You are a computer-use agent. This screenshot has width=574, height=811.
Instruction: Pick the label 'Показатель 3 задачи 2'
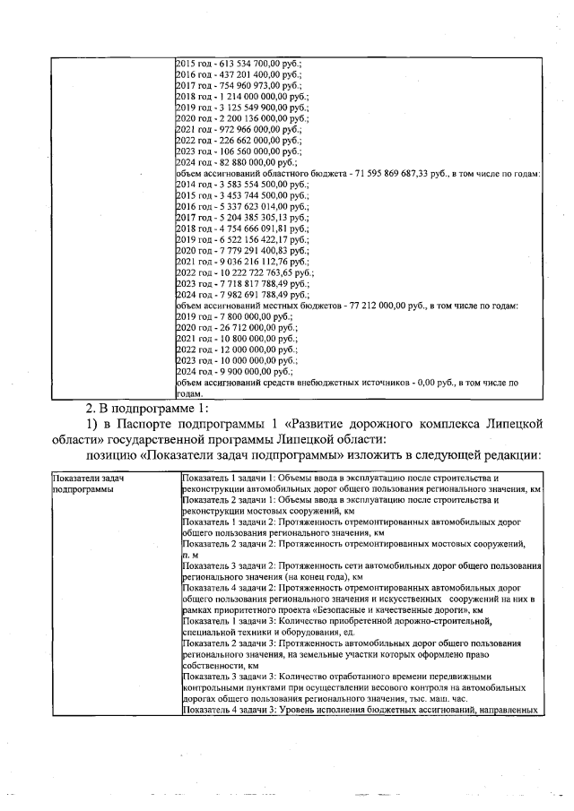[x=233, y=567]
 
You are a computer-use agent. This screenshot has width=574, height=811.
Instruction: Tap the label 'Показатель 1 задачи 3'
[x=233, y=621]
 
